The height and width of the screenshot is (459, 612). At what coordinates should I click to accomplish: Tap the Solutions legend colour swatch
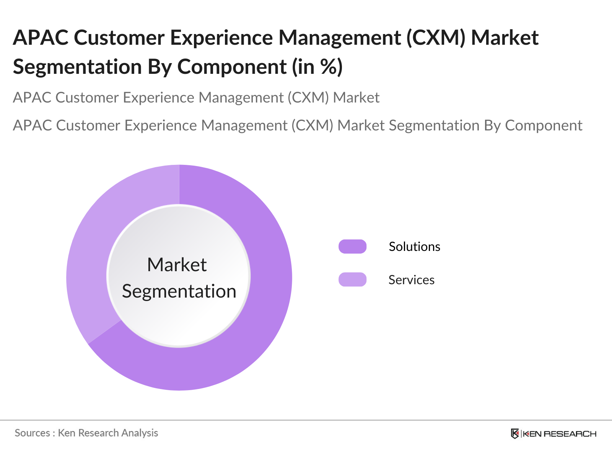(x=352, y=247)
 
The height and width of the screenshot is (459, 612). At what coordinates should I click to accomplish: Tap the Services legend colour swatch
(x=352, y=280)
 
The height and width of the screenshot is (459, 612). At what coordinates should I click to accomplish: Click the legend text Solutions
(x=414, y=247)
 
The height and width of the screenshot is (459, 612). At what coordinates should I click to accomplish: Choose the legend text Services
(x=411, y=280)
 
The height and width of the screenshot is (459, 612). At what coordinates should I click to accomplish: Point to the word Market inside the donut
(x=177, y=265)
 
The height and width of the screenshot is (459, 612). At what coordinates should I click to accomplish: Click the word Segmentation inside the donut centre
(x=179, y=291)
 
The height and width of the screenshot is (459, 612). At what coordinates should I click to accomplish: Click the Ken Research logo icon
(x=515, y=433)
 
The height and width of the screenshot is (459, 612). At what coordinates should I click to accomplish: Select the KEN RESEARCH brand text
(x=559, y=434)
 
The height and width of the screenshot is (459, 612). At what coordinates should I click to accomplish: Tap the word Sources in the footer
(x=32, y=433)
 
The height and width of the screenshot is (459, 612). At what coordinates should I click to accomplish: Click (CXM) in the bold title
(x=435, y=38)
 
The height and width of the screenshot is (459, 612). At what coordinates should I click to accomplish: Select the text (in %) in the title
(x=317, y=67)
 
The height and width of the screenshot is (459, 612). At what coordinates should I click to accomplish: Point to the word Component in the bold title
(x=232, y=67)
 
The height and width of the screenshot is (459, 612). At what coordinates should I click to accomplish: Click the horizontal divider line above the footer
(x=306, y=420)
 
